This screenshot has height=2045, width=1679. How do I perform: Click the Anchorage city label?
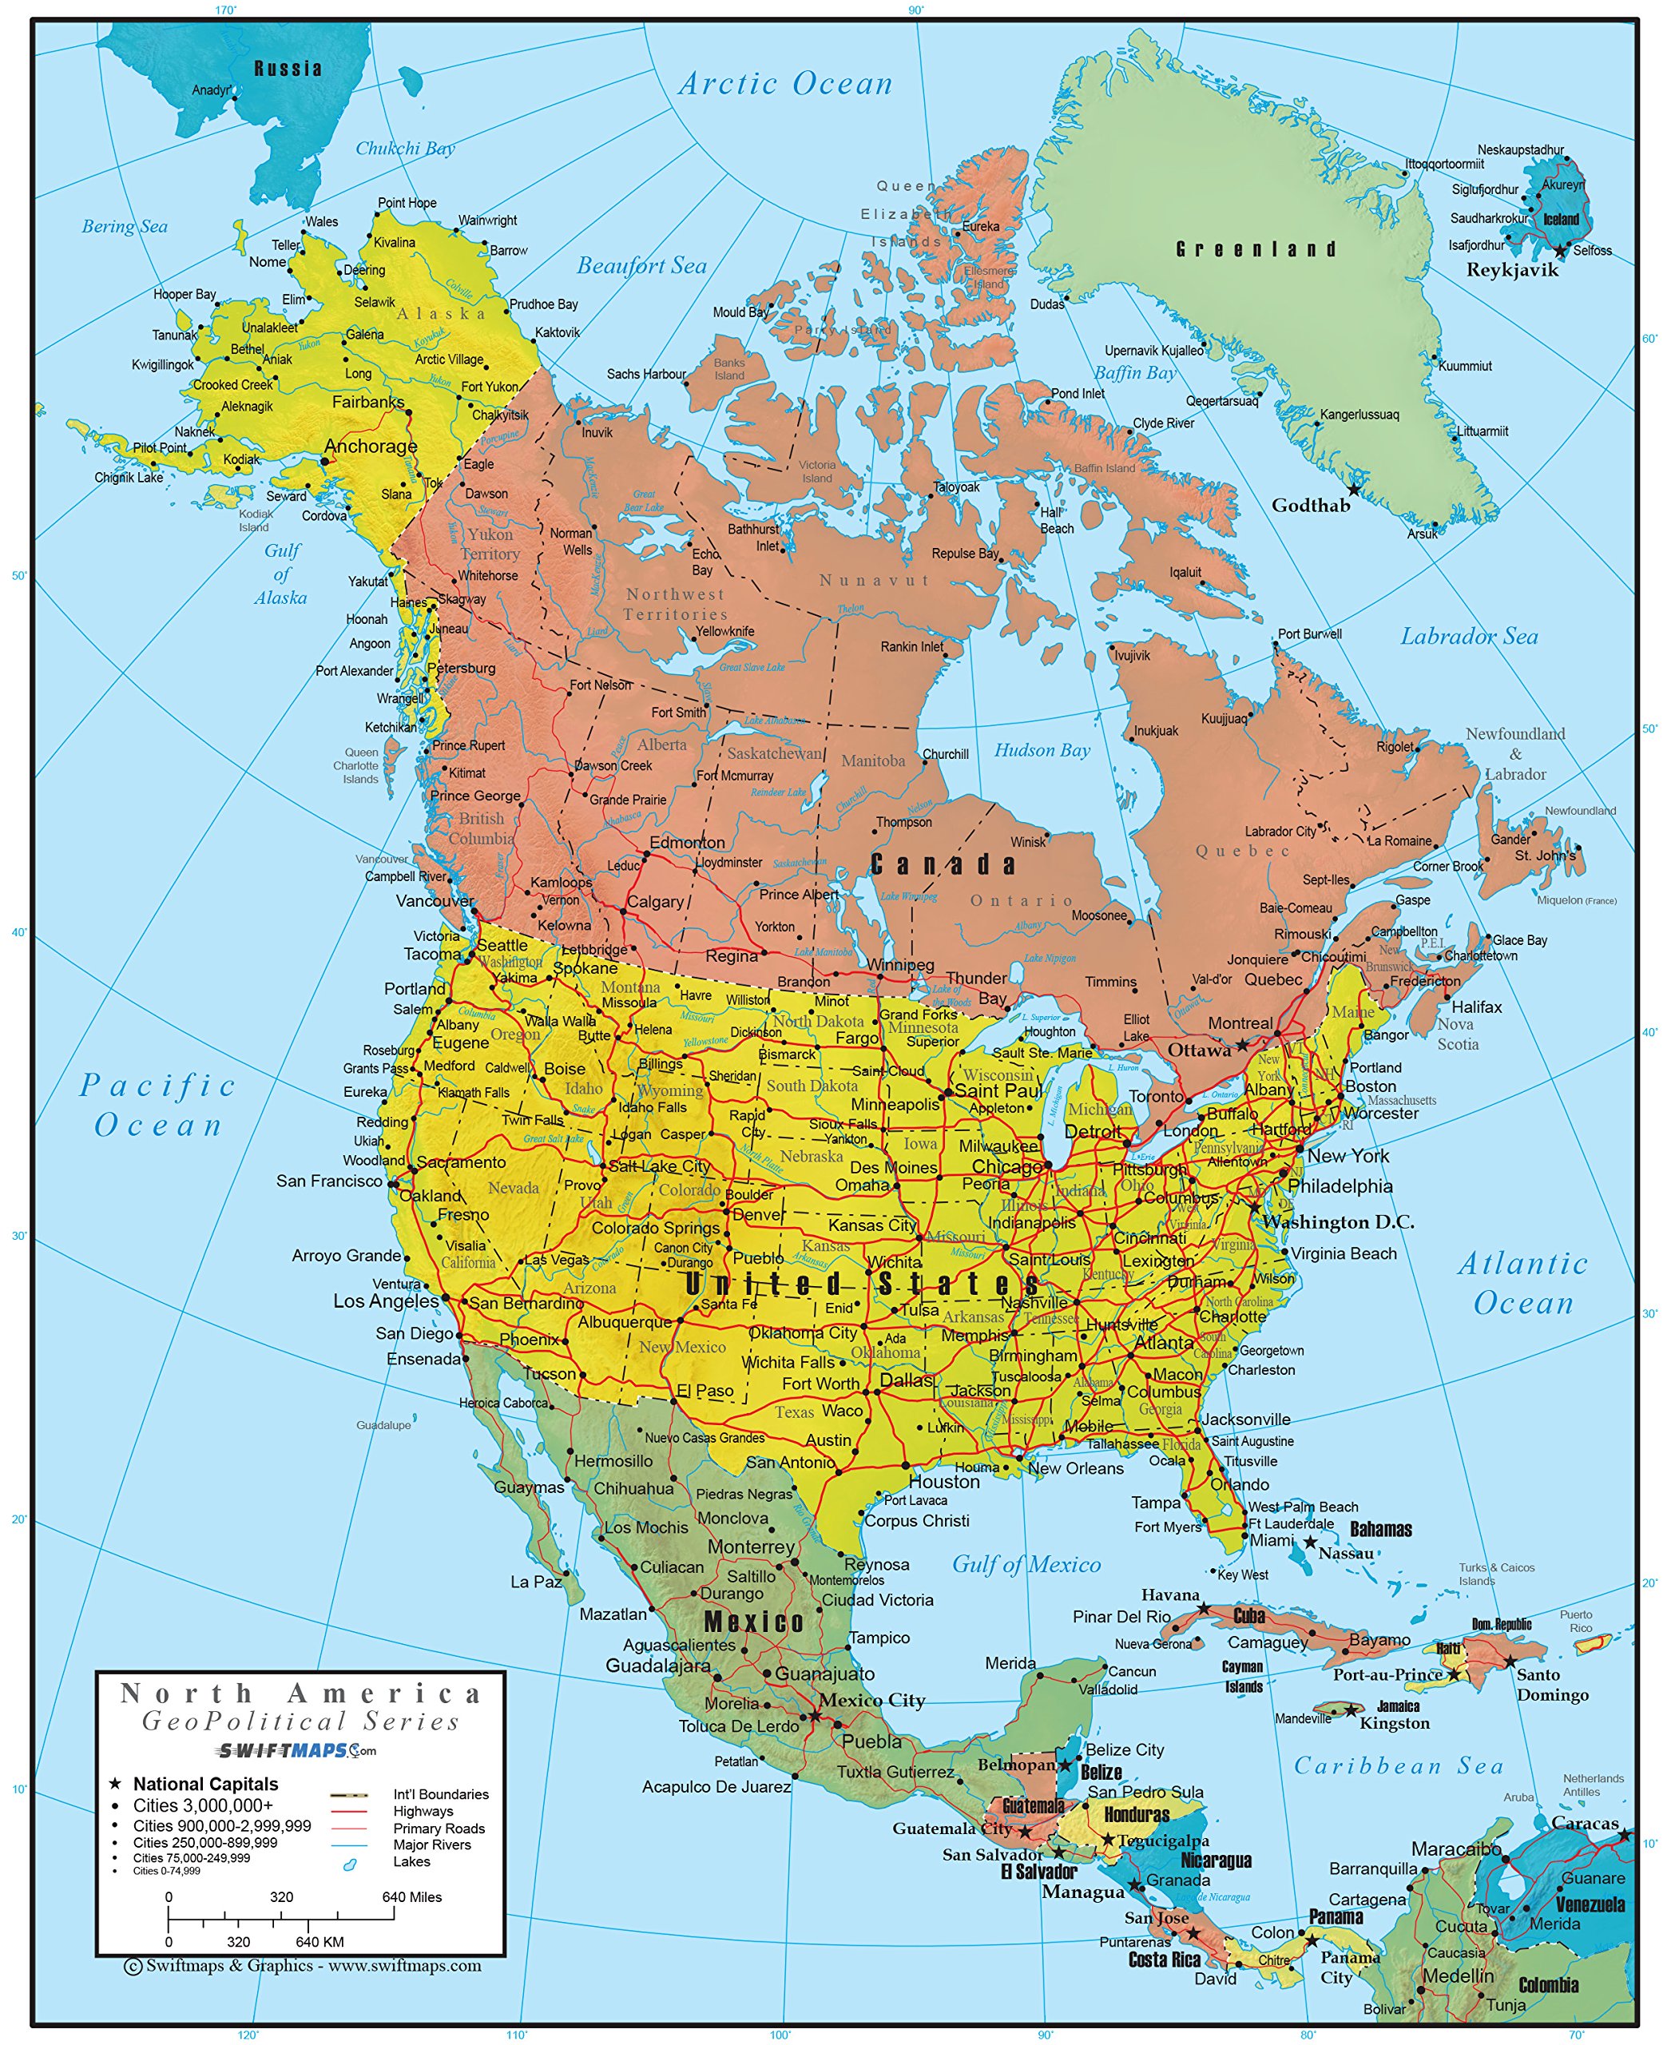click(x=371, y=446)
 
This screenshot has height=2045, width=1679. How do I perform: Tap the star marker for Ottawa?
click(x=1242, y=1045)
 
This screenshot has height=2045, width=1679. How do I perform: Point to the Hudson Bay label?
click(x=1042, y=751)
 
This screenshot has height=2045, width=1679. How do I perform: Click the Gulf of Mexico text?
click(x=1026, y=1564)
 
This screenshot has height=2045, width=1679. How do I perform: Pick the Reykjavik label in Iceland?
click(x=1512, y=270)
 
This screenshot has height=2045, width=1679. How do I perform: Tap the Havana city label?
click(x=1169, y=1594)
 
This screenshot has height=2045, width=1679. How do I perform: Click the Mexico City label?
click(x=871, y=1700)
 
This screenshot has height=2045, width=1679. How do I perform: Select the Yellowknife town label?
click(x=724, y=632)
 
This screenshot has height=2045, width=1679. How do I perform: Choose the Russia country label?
click(x=288, y=69)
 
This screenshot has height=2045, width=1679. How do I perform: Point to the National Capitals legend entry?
click(x=205, y=1784)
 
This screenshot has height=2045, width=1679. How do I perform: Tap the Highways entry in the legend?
click(x=423, y=1811)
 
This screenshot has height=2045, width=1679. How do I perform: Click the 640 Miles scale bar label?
click(x=411, y=1897)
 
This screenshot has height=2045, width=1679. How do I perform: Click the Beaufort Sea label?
click(x=641, y=266)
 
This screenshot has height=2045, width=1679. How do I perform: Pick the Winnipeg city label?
click(x=899, y=964)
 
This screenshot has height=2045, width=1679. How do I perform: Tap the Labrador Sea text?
click(x=1468, y=637)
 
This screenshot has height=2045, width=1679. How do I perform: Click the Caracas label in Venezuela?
click(x=1584, y=1822)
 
